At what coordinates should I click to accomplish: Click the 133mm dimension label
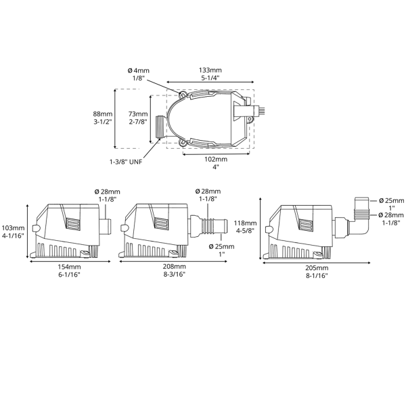210,74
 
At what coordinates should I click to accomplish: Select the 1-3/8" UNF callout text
126,162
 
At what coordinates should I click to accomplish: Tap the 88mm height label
103,117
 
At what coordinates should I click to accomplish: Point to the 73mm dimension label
138,117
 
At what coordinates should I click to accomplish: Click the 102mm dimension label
216,162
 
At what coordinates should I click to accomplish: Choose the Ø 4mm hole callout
139,74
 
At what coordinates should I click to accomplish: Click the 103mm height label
13,231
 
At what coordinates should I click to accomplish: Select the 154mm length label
69,271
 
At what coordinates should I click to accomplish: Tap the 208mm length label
175,270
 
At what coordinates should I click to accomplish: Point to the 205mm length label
317,271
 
